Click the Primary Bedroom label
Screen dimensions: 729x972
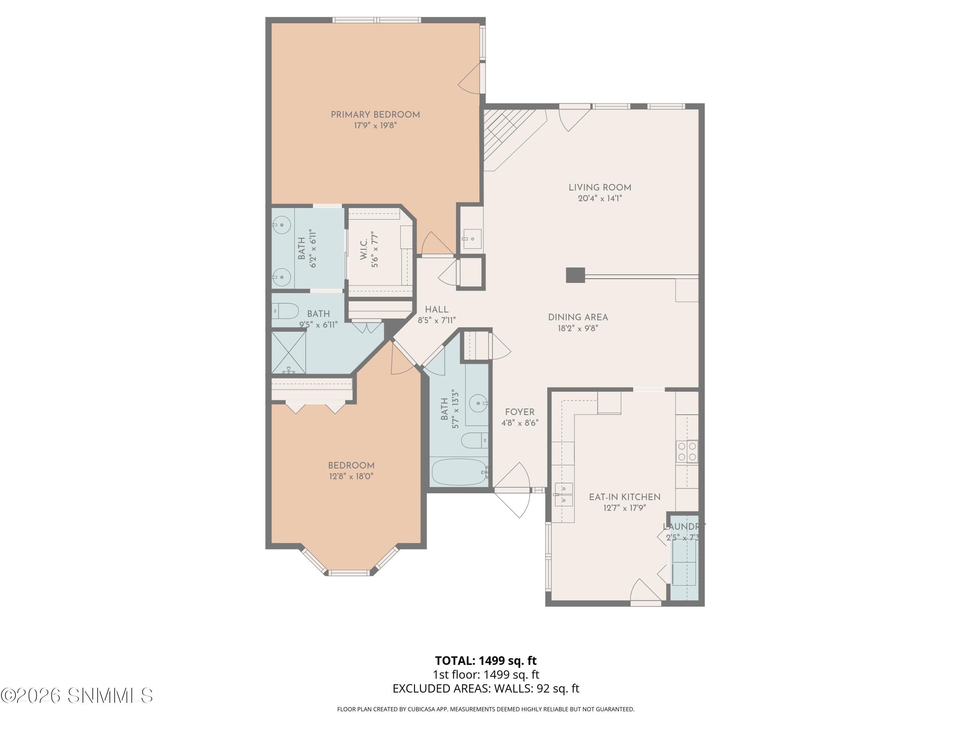[375, 115]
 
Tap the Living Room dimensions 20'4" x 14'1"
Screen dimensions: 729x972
[599, 199]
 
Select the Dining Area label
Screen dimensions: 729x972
[577, 317]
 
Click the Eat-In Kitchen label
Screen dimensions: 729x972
[624, 497]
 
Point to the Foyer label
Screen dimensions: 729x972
[519, 412]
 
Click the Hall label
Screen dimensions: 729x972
[436, 309]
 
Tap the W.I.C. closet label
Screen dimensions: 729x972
[364, 249]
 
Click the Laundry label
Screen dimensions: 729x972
[683, 526]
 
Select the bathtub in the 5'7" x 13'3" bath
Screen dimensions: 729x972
[459, 472]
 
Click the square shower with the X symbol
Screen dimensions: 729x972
[288, 353]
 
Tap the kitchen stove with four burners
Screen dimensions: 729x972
[687, 451]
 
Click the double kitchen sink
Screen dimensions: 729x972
[563, 494]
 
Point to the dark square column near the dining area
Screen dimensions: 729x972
[575, 275]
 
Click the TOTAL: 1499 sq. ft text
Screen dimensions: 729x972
[486, 660]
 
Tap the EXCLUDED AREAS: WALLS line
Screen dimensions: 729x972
[486, 688]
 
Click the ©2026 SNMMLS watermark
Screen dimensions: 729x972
[77, 695]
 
